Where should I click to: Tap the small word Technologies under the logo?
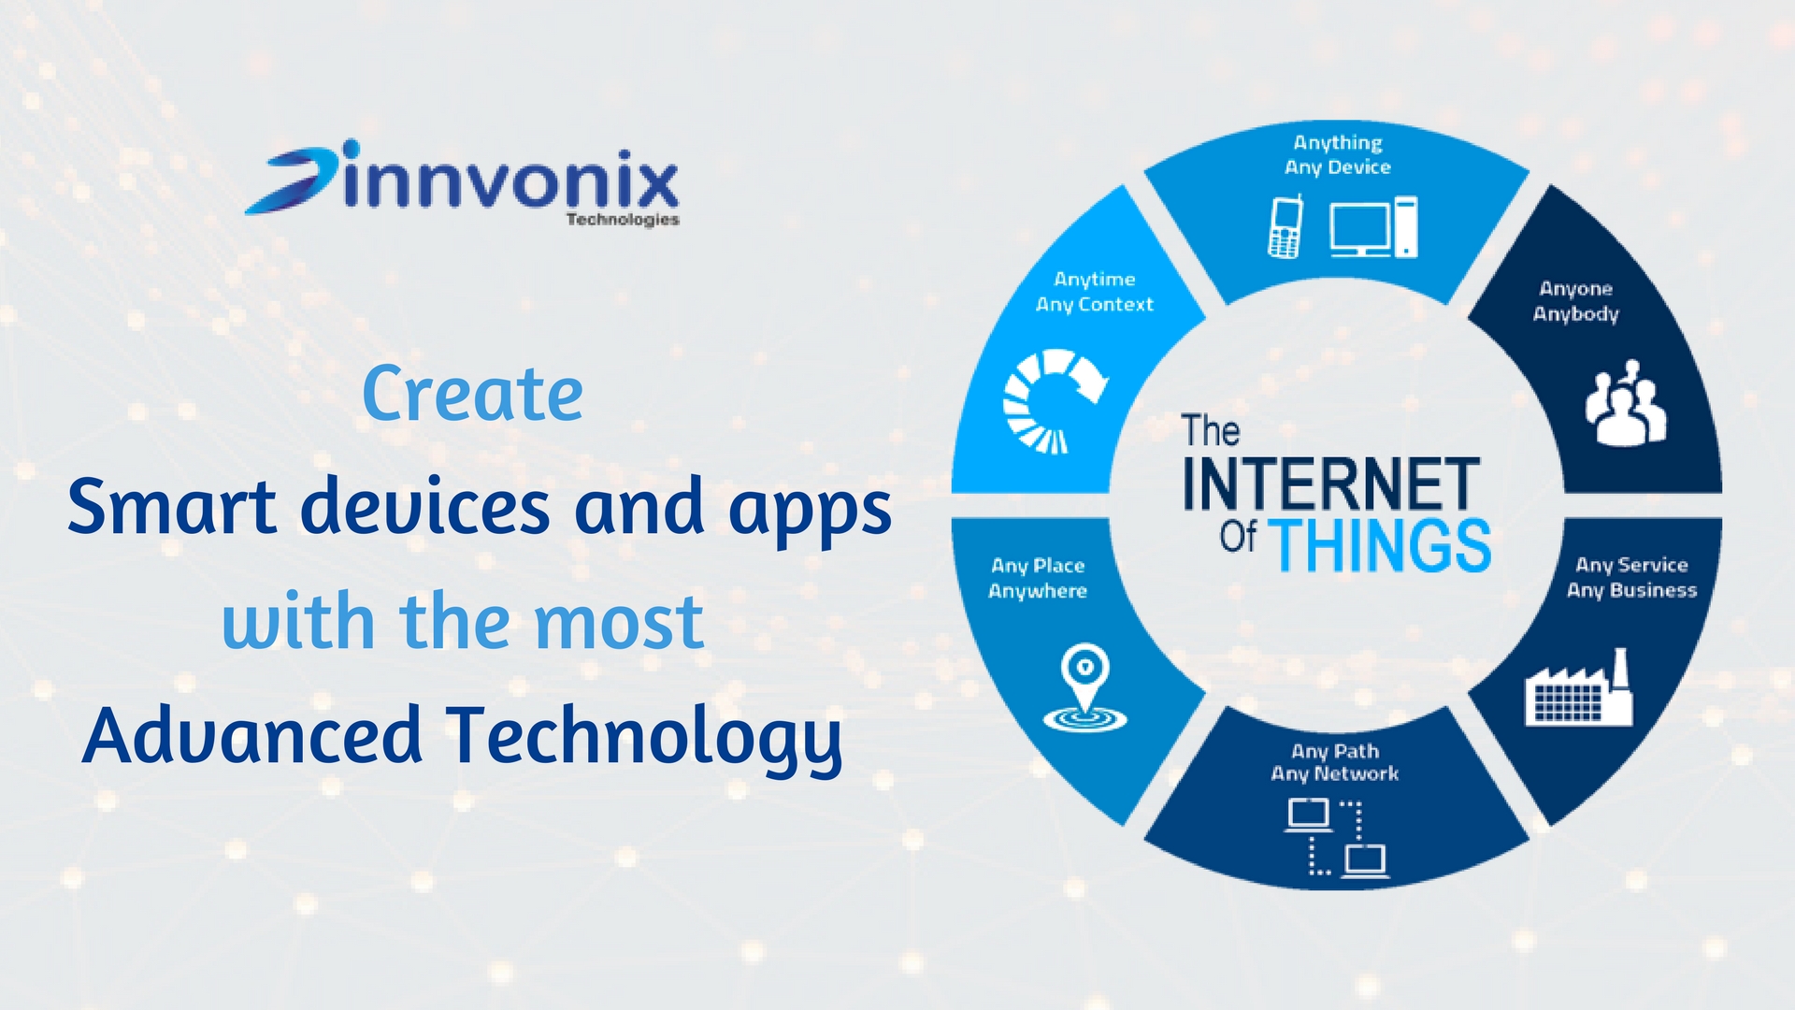pyautogui.click(x=623, y=220)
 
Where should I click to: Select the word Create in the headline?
pyautogui.click(x=472, y=394)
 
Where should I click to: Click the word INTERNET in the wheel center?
pyautogui.click(x=1331, y=483)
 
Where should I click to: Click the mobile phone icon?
pyautogui.click(x=1285, y=226)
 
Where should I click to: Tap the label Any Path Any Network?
pyautogui.click(x=1335, y=762)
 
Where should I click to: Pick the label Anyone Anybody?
pyautogui.click(x=1576, y=301)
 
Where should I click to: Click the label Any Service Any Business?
pyautogui.click(x=1631, y=577)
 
